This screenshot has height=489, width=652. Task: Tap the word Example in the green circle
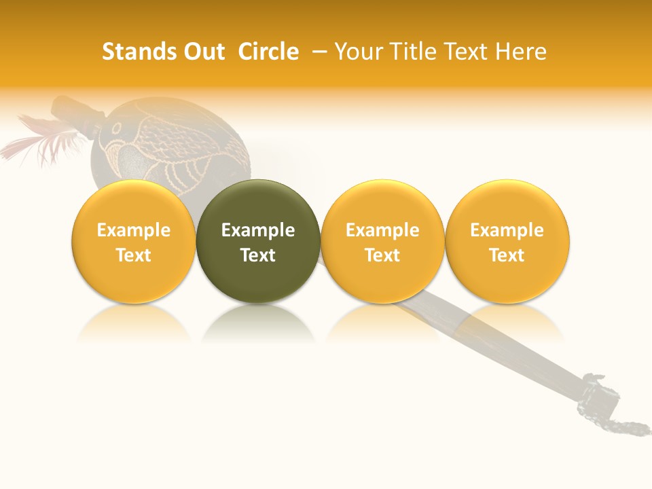(258, 230)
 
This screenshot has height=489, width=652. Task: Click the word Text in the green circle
(258, 255)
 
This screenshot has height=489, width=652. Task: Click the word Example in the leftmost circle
(134, 230)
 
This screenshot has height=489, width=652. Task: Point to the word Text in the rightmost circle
(507, 255)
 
